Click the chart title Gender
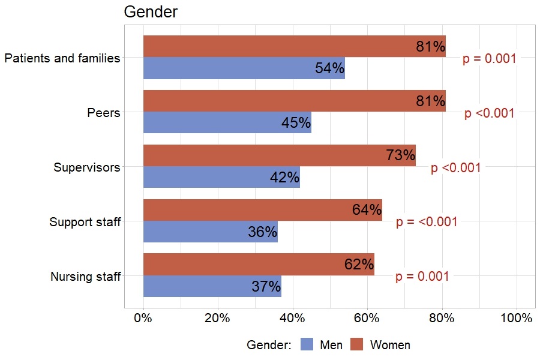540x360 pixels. (x=151, y=12)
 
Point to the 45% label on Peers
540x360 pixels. (x=296, y=123)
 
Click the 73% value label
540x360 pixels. (x=400, y=155)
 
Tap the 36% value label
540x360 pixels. (x=262, y=232)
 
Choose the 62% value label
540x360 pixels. (x=359, y=265)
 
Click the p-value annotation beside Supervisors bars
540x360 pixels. (x=455, y=168)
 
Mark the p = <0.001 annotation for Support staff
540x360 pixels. (x=427, y=222)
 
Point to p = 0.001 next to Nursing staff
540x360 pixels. (x=422, y=277)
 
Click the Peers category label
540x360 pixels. (x=103, y=113)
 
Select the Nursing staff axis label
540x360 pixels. (x=85, y=277)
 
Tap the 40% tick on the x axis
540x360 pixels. (x=292, y=319)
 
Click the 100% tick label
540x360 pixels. (x=516, y=319)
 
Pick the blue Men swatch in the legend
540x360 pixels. (x=307, y=344)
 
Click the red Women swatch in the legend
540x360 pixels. (x=357, y=344)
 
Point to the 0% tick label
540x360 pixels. (x=143, y=319)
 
